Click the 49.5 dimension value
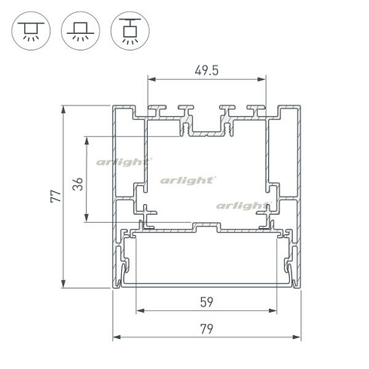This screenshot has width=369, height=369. (x=206, y=71)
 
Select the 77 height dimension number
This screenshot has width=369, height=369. (x=56, y=196)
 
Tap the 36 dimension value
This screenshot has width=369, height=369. (x=78, y=184)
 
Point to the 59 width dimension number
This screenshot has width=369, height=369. (x=206, y=302)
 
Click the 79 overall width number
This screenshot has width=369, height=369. (x=206, y=329)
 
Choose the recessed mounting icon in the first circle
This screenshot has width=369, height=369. (x=31, y=31)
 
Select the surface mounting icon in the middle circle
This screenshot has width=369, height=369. (x=81, y=31)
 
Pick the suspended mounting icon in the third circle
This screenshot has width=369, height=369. (x=130, y=31)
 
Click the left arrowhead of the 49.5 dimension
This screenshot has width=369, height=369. (x=152, y=80)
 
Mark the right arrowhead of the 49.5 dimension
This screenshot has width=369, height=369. (x=261, y=80)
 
